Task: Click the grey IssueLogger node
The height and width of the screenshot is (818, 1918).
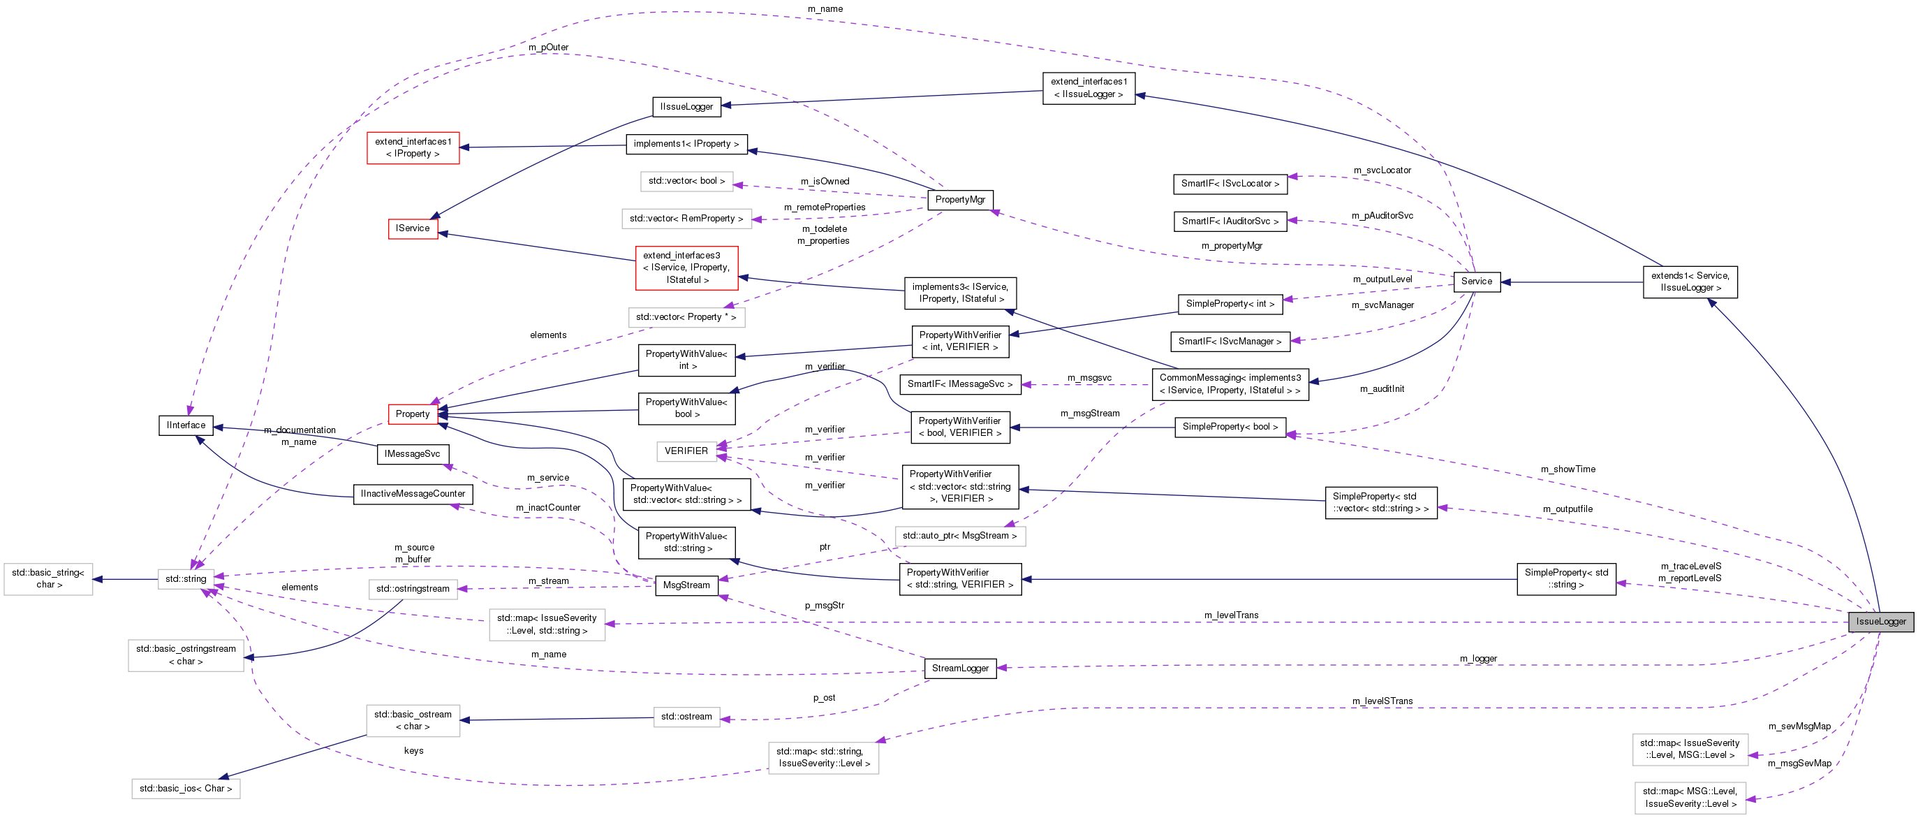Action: [x=1881, y=621]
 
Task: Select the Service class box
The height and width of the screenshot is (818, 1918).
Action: [x=1477, y=282]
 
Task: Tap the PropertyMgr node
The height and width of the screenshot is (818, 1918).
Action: [x=960, y=200]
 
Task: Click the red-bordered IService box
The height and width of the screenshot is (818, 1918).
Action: [x=413, y=228]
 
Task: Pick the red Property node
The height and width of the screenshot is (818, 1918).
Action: [x=413, y=414]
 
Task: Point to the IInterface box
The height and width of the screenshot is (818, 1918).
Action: [x=186, y=425]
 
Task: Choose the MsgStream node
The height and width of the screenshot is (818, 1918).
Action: [x=686, y=585]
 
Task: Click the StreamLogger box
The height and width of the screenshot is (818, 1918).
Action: [x=960, y=669]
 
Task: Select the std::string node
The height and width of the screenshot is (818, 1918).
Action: [x=186, y=579]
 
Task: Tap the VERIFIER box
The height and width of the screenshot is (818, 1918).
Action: [x=686, y=451]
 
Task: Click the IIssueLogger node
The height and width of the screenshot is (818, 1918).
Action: [x=686, y=107]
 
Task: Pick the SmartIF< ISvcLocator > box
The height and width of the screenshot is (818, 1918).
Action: [x=1230, y=184]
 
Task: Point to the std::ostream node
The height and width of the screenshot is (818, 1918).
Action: [x=686, y=717]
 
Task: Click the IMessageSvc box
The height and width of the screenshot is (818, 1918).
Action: [x=413, y=453]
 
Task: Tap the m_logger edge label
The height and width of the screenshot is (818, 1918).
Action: [x=1478, y=659]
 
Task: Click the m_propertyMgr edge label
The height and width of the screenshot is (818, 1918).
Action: [x=1232, y=246]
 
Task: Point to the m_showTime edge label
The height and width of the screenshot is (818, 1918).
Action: [x=1567, y=469]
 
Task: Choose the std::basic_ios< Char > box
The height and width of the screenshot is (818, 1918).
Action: [x=186, y=788]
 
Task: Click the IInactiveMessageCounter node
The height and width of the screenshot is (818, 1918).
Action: [x=413, y=494]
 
